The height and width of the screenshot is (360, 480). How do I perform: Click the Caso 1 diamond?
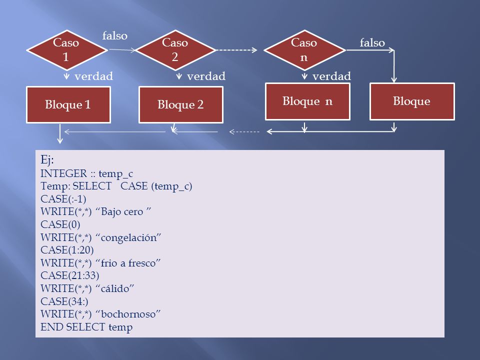tap(67, 50)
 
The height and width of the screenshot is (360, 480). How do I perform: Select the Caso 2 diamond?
tap(175, 50)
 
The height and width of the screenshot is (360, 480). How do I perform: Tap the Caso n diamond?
tap(304, 50)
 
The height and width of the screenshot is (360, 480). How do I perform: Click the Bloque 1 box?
tap(68, 104)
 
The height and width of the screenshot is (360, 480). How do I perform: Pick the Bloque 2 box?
tap(181, 104)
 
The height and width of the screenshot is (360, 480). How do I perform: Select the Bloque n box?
tap(307, 101)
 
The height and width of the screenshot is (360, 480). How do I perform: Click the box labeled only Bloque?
tap(412, 101)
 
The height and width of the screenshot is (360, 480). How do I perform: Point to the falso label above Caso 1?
tap(115, 36)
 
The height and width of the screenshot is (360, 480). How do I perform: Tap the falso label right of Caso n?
tap(372, 43)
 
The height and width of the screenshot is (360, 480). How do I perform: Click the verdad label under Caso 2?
tap(206, 76)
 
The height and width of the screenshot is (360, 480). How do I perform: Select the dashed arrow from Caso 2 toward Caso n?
tap(236, 50)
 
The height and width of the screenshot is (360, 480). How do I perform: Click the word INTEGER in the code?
tap(63, 173)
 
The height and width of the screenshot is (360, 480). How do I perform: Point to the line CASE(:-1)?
tap(63, 199)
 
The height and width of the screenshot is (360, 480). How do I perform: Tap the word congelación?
tap(128, 237)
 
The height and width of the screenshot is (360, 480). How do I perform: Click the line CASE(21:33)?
tap(70, 275)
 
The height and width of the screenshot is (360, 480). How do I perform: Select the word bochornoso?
tap(128, 314)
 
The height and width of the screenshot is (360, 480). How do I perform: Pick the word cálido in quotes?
tap(115, 288)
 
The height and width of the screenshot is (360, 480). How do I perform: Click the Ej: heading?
tap(47, 160)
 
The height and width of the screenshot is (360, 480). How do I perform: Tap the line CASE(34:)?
tap(64, 301)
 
